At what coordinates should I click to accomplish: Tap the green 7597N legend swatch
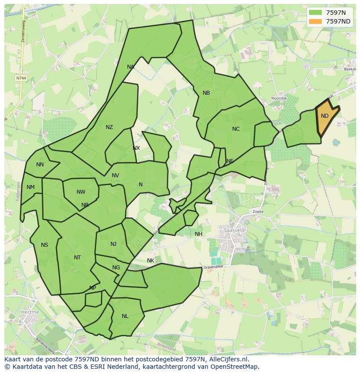316,13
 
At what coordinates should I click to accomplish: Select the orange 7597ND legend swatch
316,21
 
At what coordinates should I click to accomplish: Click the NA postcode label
130,67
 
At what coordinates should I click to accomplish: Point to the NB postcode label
206,93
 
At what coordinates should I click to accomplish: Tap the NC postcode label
236,129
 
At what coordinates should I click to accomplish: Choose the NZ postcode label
109,127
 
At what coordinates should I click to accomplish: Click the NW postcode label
81,192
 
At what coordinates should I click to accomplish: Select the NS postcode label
44,245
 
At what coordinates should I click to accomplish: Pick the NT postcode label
77,258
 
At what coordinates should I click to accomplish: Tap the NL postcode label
125,316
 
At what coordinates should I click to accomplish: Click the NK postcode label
150,261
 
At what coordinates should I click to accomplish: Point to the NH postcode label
199,234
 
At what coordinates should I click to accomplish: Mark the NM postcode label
30,188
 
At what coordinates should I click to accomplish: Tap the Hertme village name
30,312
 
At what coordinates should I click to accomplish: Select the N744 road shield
20,78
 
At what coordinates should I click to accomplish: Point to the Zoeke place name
258,212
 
